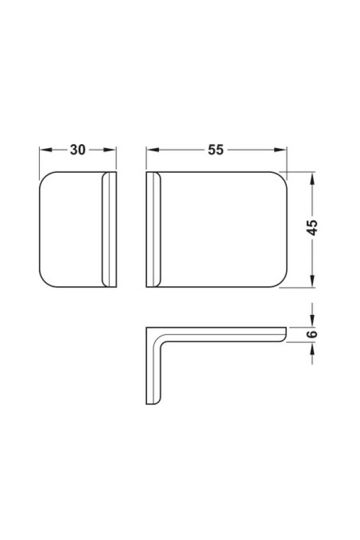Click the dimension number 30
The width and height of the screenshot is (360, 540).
[x=77, y=150]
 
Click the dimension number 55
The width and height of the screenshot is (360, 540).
[x=215, y=150]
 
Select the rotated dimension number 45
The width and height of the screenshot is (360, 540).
[x=312, y=227]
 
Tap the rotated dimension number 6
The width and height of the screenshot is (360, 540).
[x=312, y=334]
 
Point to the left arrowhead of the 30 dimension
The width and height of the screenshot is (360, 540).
[x=46, y=150]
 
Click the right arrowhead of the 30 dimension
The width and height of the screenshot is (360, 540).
[x=110, y=150]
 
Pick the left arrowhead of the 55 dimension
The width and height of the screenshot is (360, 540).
[x=152, y=150]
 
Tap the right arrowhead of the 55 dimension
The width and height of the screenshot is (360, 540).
[x=280, y=150]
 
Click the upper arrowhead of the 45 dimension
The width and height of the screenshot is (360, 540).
[x=312, y=178]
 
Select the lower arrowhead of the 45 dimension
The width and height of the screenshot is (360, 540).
[x=312, y=281]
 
